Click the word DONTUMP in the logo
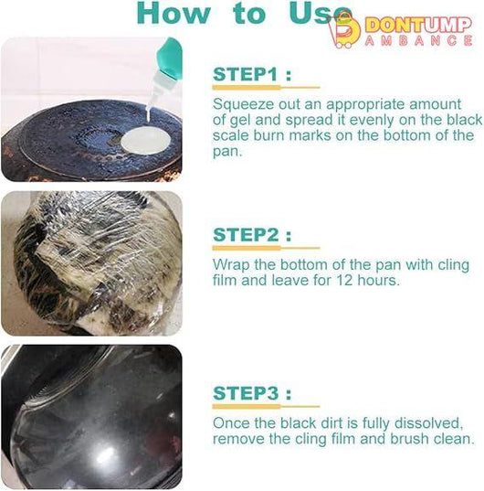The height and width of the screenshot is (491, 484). [418, 25]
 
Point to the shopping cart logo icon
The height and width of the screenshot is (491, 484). [344, 30]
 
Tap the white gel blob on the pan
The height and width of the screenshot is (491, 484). [146, 140]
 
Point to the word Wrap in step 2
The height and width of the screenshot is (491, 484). [231, 265]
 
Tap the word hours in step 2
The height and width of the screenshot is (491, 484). [378, 281]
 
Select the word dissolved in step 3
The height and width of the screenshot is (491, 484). [428, 423]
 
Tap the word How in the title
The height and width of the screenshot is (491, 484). [174, 13]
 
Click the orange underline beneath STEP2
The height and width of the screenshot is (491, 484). [266, 249]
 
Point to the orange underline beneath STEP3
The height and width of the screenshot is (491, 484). [266, 407]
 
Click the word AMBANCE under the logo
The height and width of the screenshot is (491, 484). [418, 41]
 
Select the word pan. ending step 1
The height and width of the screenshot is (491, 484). [227, 152]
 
